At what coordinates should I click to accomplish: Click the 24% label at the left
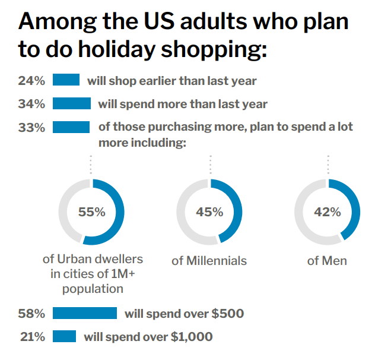click(x=31, y=80)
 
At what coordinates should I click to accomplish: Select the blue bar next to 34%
click(x=72, y=104)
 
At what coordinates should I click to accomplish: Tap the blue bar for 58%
click(x=85, y=313)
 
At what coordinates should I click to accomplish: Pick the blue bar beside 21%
click(x=65, y=337)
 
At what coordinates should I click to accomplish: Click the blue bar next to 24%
click(x=66, y=80)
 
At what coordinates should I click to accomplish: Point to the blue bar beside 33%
click(x=71, y=127)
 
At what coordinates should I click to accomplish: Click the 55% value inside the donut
click(x=91, y=212)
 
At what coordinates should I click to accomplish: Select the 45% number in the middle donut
click(x=209, y=212)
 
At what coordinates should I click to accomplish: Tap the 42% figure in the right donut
click(x=328, y=212)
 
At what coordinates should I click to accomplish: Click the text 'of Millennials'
click(x=209, y=261)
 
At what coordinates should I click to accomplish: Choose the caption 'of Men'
click(x=327, y=261)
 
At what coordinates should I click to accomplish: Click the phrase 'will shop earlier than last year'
click(x=172, y=80)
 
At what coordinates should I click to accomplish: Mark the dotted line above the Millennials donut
click(x=210, y=164)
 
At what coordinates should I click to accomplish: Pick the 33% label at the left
click(x=31, y=127)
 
